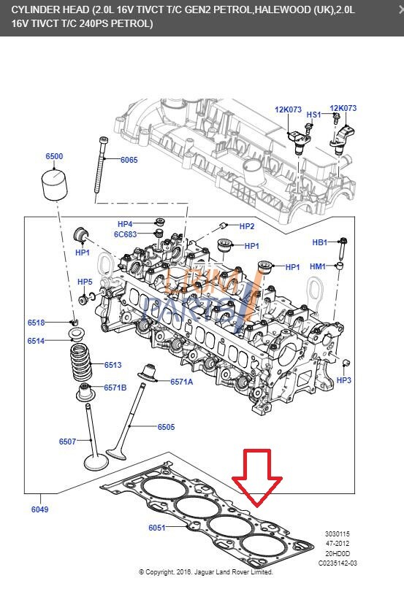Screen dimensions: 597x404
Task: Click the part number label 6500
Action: (54, 156)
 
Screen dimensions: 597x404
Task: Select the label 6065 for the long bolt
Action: (129, 160)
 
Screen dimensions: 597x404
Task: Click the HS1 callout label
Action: (313, 115)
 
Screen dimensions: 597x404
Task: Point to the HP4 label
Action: (125, 224)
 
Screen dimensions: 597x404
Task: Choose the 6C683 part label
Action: (125, 234)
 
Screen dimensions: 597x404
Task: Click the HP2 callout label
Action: (247, 226)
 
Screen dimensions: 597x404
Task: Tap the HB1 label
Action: (320, 242)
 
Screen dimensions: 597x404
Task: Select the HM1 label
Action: (318, 266)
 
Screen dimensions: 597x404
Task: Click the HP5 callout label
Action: (85, 282)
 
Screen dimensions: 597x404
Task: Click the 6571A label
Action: (181, 382)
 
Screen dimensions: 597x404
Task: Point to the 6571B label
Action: (115, 388)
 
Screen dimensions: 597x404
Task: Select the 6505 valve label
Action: (166, 427)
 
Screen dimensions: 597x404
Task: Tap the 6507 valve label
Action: (68, 441)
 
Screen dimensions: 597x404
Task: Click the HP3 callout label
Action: (344, 380)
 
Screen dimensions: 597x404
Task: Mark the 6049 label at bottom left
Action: (39, 509)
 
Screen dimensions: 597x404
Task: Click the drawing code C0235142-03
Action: (338, 563)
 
